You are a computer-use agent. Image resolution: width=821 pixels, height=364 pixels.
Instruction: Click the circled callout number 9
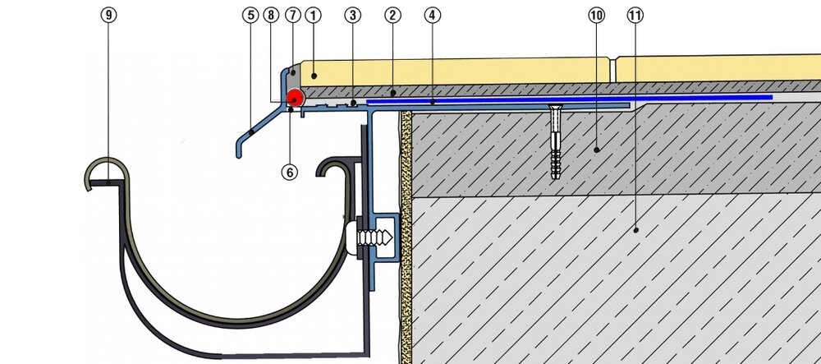click(108, 15)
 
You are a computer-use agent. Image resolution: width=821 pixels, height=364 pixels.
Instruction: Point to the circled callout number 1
click(311, 15)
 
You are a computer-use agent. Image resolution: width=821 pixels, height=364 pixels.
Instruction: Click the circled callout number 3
click(351, 15)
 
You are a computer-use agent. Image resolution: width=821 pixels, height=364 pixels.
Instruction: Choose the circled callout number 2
click(393, 15)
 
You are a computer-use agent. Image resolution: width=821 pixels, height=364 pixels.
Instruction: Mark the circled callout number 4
click(433, 15)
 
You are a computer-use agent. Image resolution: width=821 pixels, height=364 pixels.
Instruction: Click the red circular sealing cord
click(295, 98)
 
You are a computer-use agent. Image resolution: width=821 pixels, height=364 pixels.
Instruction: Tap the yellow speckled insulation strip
click(405, 247)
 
